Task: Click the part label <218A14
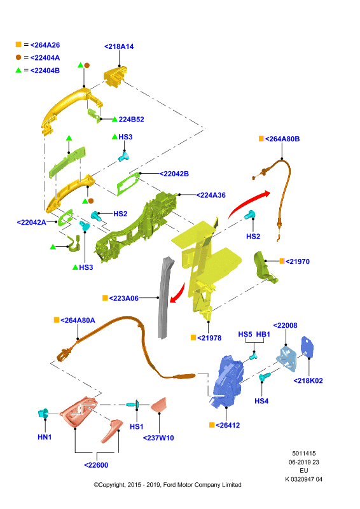click(119, 46)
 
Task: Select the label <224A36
click(211, 195)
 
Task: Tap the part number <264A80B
click(282, 139)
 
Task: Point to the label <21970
click(298, 261)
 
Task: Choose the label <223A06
click(123, 298)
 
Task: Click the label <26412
click(228, 425)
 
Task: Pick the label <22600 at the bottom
click(96, 465)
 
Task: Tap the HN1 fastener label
click(45, 437)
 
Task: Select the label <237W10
click(158, 438)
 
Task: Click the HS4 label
click(261, 401)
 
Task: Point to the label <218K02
click(308, 380)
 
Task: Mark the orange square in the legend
click(18, 45)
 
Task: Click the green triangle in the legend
click(18, 70)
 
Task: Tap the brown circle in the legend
click(18, 57)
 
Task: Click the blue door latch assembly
click(227, 380)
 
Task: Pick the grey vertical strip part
click(165, 297)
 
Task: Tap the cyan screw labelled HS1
click(133, 405)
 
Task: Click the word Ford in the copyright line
click(169, 485)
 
